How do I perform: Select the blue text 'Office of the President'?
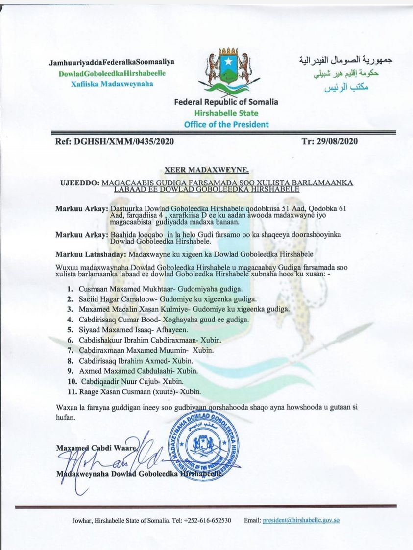(226, 124)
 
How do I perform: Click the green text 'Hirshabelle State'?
(226, 114)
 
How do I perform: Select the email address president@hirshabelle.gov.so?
(301, 520)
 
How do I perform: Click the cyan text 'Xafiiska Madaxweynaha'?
(112, 83)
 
